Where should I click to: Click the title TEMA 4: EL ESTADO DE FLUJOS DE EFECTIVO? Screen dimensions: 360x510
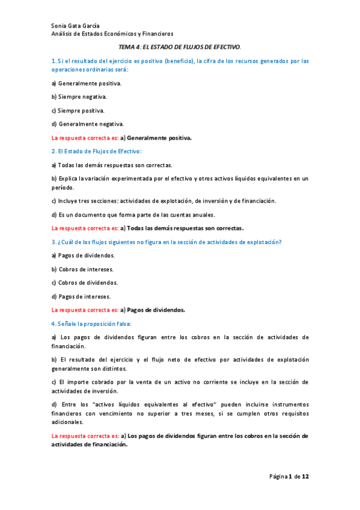coord(180,46)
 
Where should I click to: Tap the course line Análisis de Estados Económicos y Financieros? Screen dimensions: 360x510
coord(112,34)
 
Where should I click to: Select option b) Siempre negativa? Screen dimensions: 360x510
coord(79,97)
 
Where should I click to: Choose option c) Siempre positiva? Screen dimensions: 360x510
coord(78,111)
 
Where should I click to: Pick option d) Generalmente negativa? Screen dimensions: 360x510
coord(88,124)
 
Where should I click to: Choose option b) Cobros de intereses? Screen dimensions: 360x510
coord(82,269)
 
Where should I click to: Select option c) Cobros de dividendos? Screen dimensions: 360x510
coord(84,283)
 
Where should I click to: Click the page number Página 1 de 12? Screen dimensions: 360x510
coord(288,476)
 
